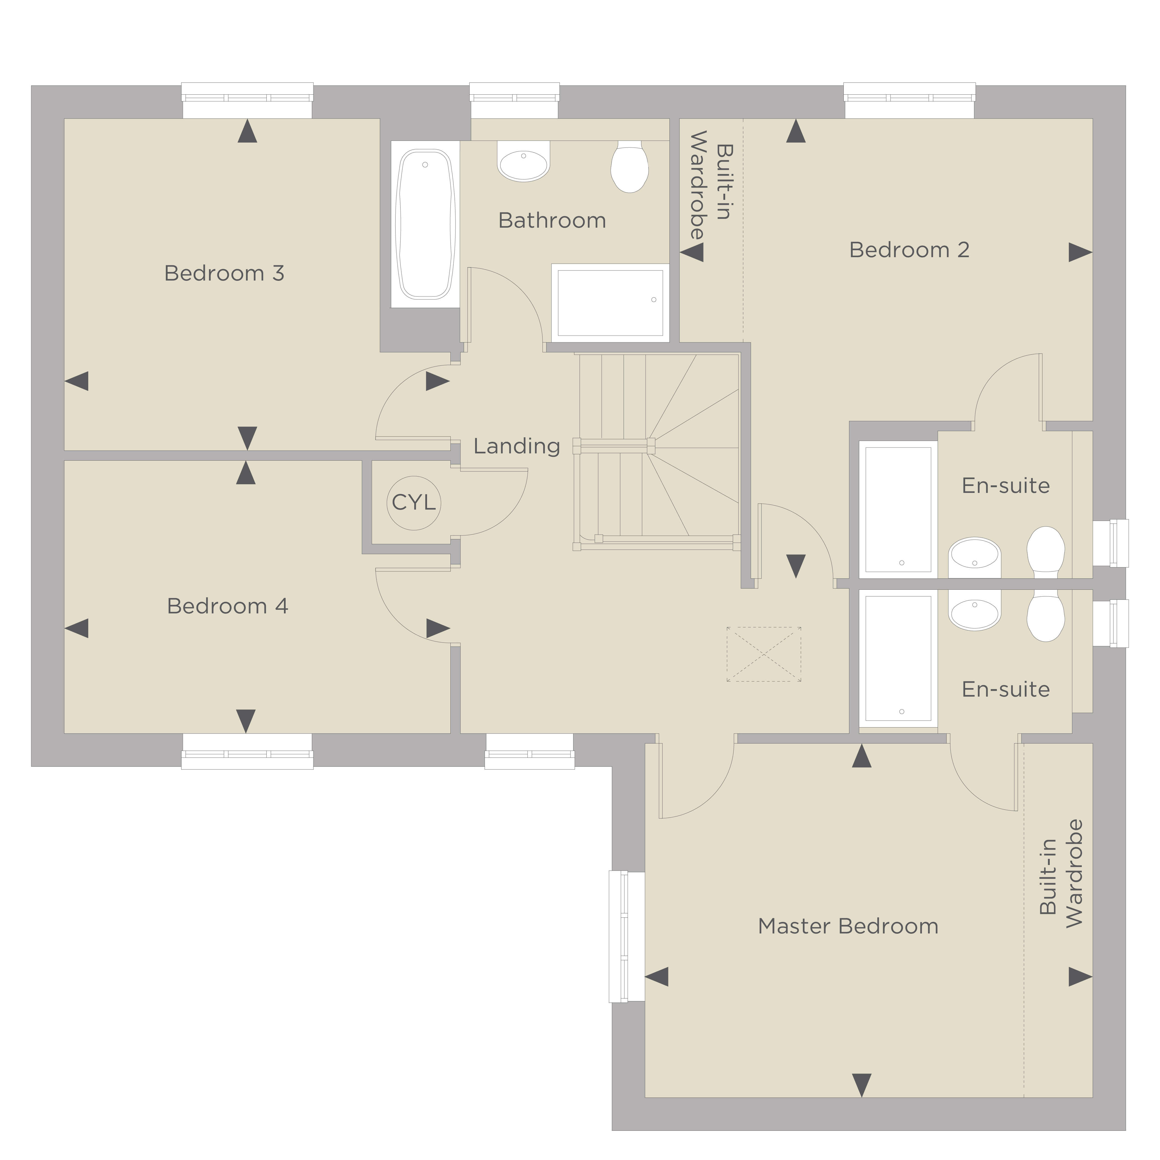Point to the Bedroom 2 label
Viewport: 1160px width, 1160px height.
pos(909,250)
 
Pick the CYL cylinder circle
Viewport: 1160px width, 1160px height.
pos(414,503)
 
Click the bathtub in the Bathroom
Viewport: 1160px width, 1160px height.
pos(425,225)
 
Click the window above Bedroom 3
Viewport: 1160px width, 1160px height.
pos(247,100)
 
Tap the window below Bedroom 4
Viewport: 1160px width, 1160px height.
pos(247,751)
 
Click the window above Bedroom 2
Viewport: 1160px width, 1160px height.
pos(910,100)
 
